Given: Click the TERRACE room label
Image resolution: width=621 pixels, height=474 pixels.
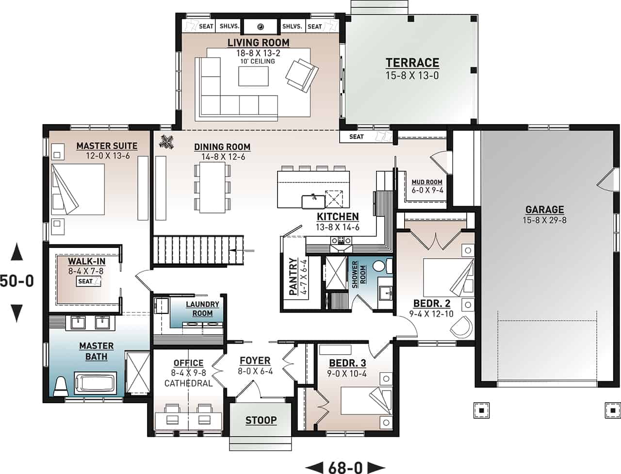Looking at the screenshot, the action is coord(412,63).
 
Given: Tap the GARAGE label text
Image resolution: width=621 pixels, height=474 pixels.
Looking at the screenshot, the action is coord(545,210).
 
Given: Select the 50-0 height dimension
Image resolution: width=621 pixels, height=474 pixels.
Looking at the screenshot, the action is coord(17,281).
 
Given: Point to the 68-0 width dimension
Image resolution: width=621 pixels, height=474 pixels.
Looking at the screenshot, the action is coord(345,467).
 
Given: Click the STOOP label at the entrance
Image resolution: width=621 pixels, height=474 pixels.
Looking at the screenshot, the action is coord(261,421).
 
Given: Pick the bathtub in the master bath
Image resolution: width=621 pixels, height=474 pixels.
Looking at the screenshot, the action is coord(96,383).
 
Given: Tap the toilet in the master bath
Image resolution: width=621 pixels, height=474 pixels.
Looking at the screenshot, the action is coord(61,387).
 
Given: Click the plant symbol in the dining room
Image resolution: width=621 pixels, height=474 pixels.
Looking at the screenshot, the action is coord(166,142).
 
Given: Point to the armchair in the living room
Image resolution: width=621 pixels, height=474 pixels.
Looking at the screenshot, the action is coord(302,75).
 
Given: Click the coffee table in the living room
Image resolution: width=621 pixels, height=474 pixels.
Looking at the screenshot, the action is coord(253,76).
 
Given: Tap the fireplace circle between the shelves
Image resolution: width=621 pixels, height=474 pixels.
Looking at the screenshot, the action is coord(260,27).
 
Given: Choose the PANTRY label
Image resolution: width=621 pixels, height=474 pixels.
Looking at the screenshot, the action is coord(294,276).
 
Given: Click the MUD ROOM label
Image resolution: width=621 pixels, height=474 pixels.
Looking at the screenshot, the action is coord(427,182).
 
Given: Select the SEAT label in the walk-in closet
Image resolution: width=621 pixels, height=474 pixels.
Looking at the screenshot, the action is coord(85,281).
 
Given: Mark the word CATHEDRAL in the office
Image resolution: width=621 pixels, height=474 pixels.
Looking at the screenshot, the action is coord(188,383).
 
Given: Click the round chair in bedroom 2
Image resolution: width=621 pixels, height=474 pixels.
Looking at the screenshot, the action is coord(461,327).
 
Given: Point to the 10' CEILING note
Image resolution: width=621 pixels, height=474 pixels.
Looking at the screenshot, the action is coord(258,61).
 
